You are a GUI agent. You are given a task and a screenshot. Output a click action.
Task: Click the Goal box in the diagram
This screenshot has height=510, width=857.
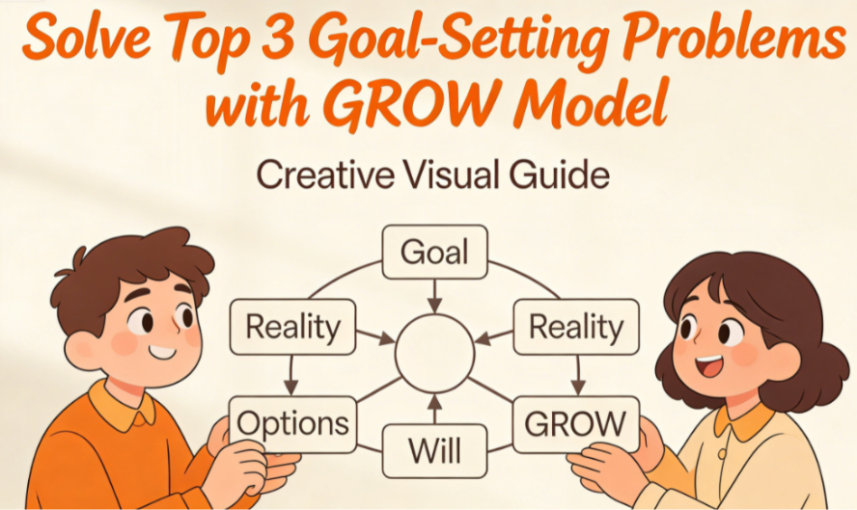[x=433, y=253]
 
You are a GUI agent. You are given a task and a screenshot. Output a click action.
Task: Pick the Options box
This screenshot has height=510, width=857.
[x=292, y=423]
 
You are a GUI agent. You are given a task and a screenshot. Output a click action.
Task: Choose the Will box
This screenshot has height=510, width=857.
[x=433, y=450]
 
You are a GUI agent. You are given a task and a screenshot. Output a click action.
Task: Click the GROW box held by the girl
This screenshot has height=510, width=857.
[x=575, y=423]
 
